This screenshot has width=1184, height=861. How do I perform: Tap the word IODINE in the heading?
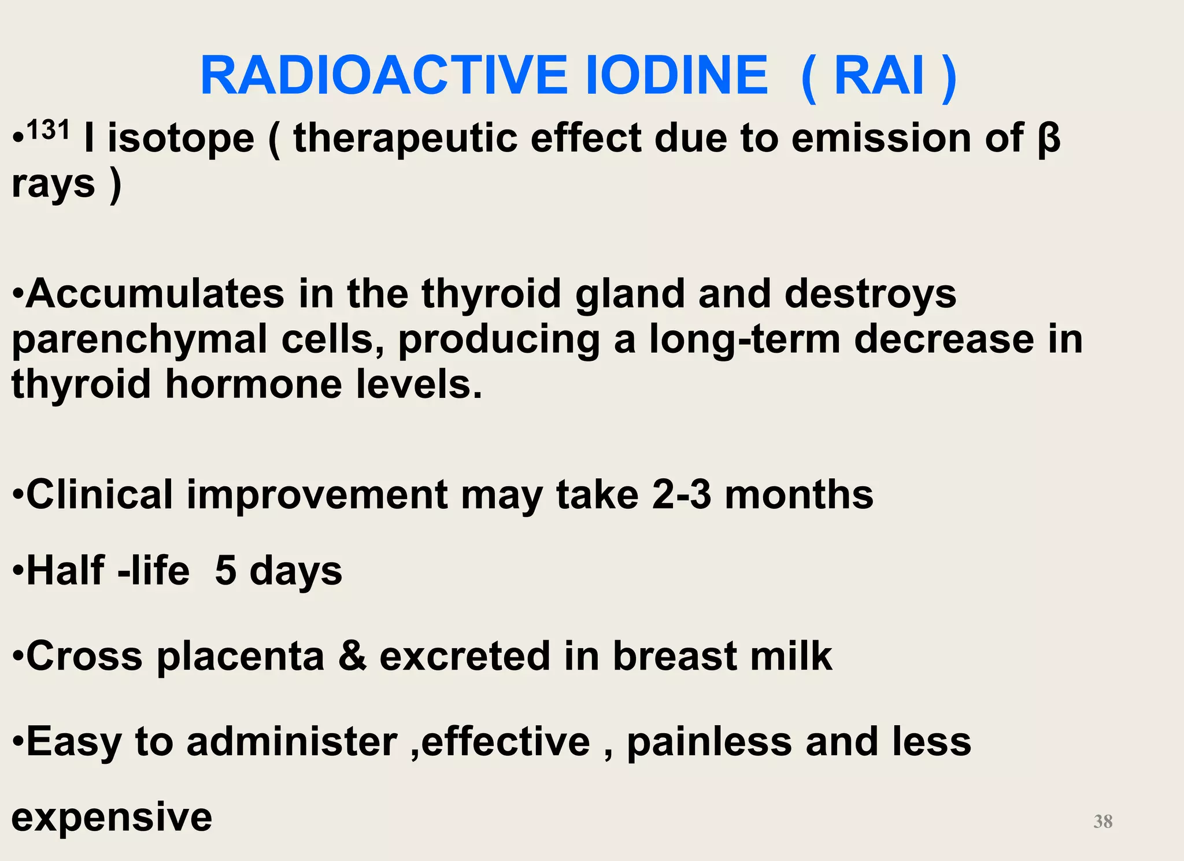click(x=677, y=76)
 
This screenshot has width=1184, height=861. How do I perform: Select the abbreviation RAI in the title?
click(x=879, y=76)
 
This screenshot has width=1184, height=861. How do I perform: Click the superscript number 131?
click(x=48, y=130)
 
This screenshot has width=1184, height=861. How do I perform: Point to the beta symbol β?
click(x=1049, y=139)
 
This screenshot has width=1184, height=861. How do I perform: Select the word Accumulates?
click(x=155, y=293)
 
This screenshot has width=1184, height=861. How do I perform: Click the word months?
click(x=799, y=494)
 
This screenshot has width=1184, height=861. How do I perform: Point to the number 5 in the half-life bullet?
click(x=225, y=571)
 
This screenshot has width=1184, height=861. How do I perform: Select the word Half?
click(x=65, y=571)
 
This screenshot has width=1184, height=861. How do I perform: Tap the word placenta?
click(x=240, y=656)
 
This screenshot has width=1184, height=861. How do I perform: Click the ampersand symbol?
click(x=353, y=656)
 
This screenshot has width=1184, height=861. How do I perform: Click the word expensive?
click(x=112, y=817)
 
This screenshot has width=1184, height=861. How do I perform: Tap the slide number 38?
click(x=1102, y=821)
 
